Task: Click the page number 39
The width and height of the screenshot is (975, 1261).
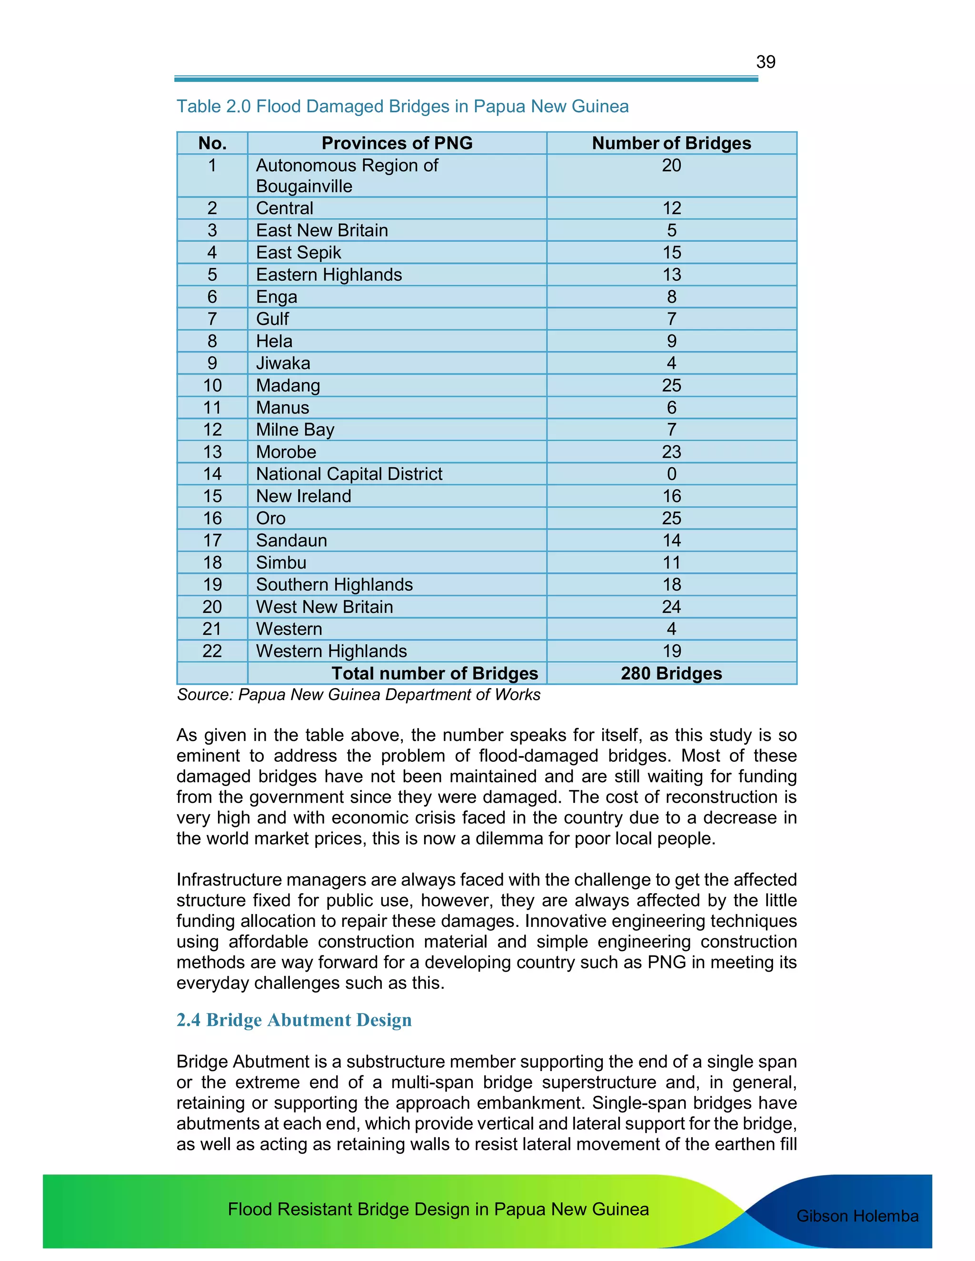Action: [766, 62]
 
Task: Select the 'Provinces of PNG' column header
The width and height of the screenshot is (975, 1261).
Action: [397, 143]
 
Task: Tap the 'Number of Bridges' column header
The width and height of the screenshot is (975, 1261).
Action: [671, 143]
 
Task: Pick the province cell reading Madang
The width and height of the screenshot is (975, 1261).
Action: [288, 385]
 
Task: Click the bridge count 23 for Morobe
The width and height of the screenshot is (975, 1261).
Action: [671, 452]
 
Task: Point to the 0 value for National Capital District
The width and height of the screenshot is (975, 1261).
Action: [671, 474]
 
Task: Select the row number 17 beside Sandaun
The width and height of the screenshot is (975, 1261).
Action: [212, 541]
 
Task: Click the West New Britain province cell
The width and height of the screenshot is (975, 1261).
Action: [324, 607]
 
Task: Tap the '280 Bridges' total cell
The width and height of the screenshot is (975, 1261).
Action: [671, 673]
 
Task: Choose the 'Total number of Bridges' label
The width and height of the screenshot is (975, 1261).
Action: [434, 673]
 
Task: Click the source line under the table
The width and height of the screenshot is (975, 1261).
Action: [358, 695]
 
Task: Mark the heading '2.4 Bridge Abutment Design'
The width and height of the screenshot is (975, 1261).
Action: [294, 1020]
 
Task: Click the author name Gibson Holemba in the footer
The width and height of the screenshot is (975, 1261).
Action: [857, 1216]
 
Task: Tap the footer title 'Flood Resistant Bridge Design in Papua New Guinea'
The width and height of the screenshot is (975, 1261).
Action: [438, 1209]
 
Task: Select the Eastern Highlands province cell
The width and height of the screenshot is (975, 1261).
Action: [328, 275]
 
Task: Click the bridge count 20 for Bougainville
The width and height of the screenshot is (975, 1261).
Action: [671, 166]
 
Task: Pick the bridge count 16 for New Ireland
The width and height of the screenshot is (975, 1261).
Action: [671, 496]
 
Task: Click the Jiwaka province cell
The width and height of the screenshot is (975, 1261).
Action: [283, 363]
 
